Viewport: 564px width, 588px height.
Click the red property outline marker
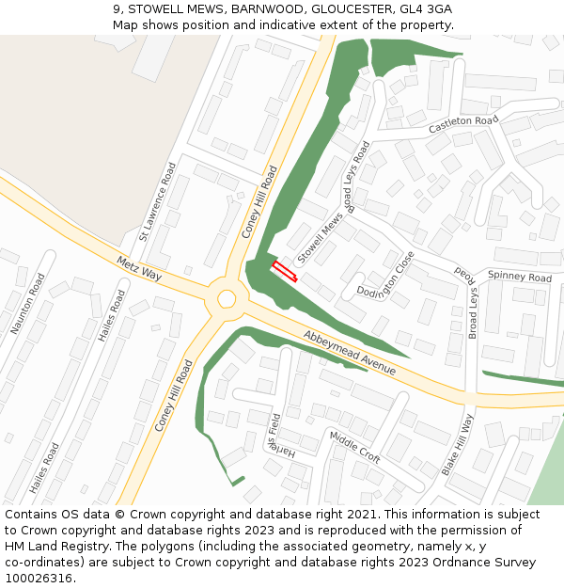coord(284,272)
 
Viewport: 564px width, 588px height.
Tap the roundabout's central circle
coord(227,299)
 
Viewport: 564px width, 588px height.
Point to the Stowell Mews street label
coord(321,239)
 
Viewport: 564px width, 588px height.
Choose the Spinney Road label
coord(520,278)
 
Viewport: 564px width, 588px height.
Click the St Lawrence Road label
coord(157,201)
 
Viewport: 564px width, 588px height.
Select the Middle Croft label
coord(354,447)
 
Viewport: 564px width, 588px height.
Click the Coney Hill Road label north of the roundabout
coord(260,201)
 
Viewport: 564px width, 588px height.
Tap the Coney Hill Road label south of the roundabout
coord(174,395)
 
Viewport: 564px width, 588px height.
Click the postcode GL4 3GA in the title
coord(425,8)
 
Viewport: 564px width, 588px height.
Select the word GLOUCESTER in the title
coord(340,8)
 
